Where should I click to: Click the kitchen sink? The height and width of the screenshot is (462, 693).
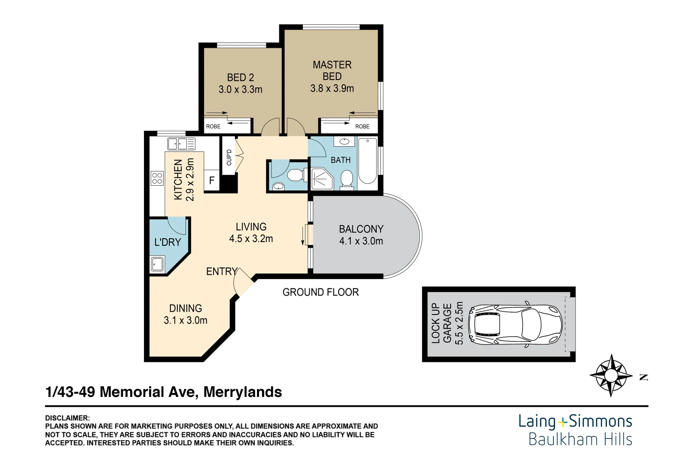181,144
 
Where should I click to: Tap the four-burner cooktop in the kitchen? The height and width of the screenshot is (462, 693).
157,178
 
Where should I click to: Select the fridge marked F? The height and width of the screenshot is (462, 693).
212,180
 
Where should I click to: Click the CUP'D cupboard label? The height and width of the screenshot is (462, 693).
229,157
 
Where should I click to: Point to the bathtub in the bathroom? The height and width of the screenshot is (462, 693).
367,161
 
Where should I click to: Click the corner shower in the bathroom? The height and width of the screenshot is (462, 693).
322,179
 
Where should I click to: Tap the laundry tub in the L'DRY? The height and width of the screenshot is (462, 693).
157,264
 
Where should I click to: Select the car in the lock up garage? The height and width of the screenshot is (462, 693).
515,324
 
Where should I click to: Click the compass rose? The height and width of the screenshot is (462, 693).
611,376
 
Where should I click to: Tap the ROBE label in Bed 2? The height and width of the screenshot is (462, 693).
213,126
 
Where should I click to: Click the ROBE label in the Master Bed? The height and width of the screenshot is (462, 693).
362,126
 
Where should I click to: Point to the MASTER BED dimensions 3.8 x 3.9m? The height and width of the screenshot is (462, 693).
332,89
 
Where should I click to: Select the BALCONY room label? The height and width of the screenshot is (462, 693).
361,229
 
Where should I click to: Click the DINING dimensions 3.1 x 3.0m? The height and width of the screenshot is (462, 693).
185,320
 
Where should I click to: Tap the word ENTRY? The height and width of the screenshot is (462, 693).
221,271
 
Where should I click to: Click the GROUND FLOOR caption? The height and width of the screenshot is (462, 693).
320,292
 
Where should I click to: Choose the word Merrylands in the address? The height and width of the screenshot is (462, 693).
242,392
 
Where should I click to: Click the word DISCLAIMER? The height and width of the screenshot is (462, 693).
67,418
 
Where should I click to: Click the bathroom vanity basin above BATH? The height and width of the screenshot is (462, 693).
344,142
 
